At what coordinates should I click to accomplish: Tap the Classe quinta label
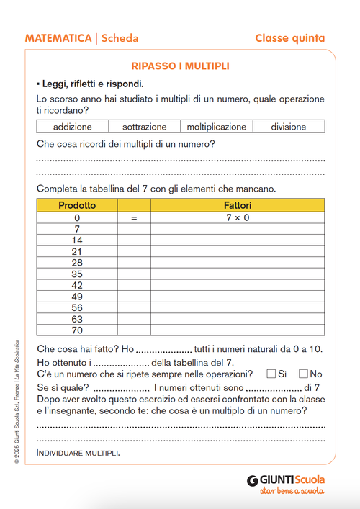click(289, 38)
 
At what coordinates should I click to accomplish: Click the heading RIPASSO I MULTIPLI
click(180, 66)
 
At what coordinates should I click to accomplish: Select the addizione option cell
click(73, 127)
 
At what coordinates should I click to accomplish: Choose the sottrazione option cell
click(144, 127)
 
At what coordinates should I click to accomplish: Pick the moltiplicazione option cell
click(216, 127)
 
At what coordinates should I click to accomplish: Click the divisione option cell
click(288, 127)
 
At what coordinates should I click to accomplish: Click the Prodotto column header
click(77, 206)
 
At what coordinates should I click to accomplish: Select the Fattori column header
click(238, 206)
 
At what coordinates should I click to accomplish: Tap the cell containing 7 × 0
click(238, 217)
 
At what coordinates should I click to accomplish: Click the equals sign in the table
click(133, 217)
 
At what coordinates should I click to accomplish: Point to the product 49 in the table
click(77, 297)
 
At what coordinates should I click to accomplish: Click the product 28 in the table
click(77, 263)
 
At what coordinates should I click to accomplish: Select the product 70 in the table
click(77, 330)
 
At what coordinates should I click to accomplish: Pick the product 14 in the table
click(77, 240)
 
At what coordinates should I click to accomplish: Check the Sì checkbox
click(271, 374)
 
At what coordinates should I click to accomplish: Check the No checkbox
click(303, 374)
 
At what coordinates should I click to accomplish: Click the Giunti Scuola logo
click(285, 479)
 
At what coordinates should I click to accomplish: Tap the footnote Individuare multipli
click(78, 453)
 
